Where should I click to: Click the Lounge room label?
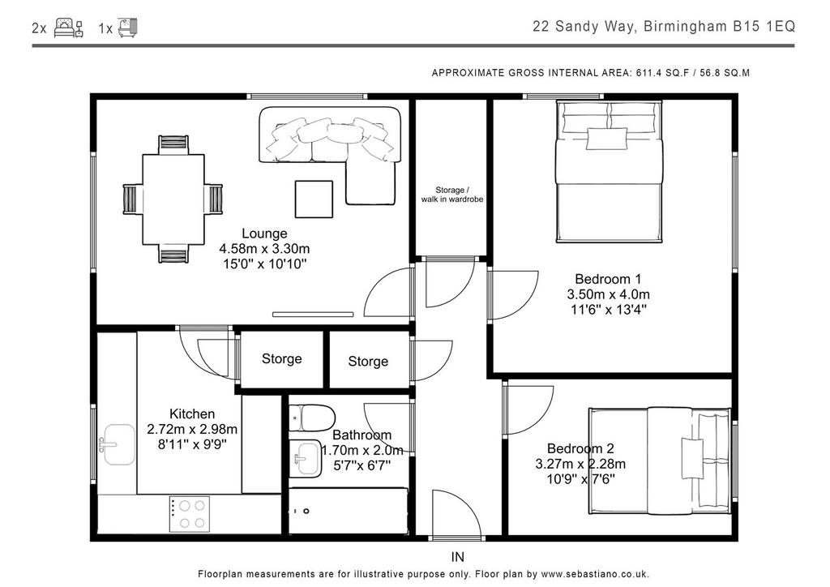coord(264,234)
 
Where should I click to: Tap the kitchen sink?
coord(118,444)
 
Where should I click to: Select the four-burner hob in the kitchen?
coord(190,514)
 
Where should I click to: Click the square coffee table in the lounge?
coord(314,199)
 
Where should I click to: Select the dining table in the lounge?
coord(173,199)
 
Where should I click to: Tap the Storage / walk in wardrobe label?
coord(452,195)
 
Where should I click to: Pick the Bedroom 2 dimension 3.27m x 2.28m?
coord(580,465)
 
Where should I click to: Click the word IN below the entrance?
coord(458,557)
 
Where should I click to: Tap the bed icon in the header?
coord(69,28)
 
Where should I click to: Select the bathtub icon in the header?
coord(127,28)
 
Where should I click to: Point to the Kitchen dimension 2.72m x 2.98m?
coord(192,429)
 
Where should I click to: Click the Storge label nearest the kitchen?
coord(281,359)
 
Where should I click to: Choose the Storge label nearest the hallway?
coord(368,362)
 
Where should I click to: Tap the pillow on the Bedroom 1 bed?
coord(606,139)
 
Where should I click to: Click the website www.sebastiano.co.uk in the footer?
coord(594,574)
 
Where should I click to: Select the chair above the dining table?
coord(173,144)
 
